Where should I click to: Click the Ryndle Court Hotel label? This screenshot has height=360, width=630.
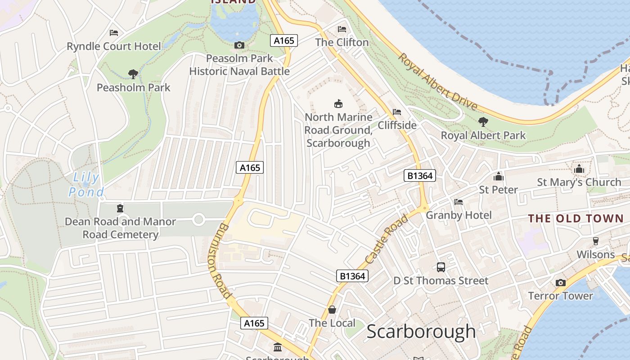point(113,46)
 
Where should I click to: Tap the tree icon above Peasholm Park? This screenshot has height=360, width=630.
point(133,74)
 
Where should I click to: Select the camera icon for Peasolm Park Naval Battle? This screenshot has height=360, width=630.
point(239,45)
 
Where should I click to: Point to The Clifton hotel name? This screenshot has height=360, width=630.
point(342,42)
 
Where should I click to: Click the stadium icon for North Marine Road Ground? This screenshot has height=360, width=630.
point(338,104)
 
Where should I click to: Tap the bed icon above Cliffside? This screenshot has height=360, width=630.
point(396,112)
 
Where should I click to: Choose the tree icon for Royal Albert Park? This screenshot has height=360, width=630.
point(483,121)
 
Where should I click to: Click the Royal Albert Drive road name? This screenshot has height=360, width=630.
point(437,82)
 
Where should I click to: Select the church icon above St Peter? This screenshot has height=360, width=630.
point(498,176)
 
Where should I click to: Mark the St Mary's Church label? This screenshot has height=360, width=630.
point(579,182)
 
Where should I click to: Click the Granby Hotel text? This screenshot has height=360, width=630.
point(459,215)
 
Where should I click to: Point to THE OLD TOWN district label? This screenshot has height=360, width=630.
point(576,219)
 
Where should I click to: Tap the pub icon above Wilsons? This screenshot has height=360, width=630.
point(596,241)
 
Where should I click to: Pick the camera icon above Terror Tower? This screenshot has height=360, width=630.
point(560,283)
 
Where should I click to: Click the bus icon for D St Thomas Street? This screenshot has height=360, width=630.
point(441,267)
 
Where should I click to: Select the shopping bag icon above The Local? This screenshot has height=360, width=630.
point(332,310)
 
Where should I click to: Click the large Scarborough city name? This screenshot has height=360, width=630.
point(421,332)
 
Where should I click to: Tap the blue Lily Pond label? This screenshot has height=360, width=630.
point(85,185)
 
